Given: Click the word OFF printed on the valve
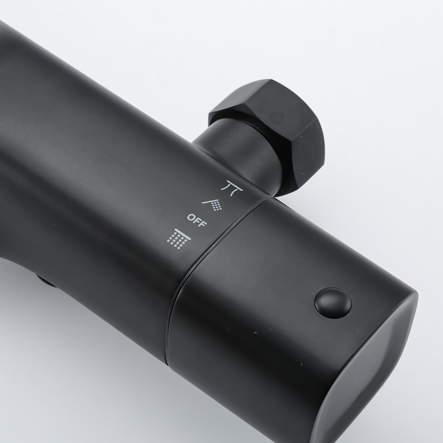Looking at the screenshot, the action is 197,220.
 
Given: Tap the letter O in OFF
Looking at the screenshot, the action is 190,218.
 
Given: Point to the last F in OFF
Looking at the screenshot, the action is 204,223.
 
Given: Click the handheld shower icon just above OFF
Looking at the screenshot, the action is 213,204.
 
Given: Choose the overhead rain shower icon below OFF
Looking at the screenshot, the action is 179,239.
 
